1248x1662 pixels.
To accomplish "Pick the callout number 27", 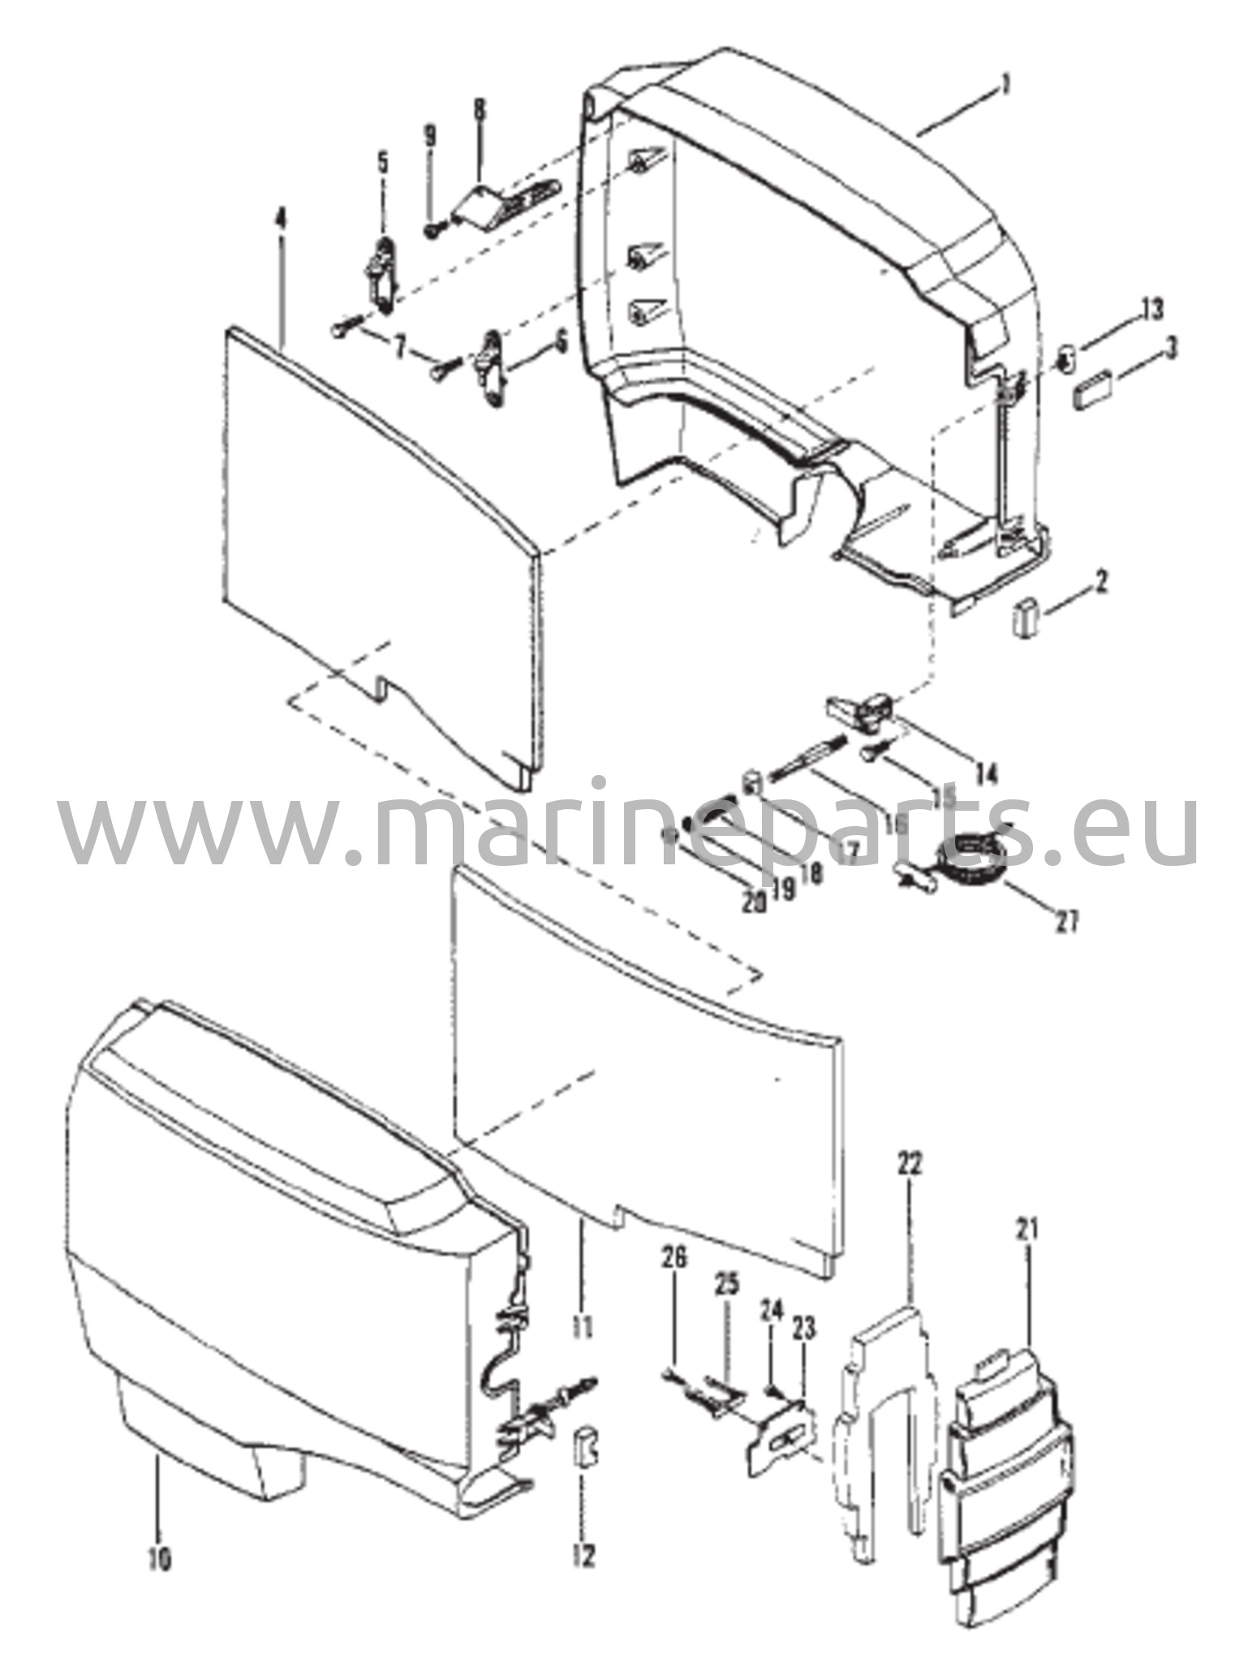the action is pos(1067,922).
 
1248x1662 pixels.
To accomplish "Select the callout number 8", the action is pos(480,110).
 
